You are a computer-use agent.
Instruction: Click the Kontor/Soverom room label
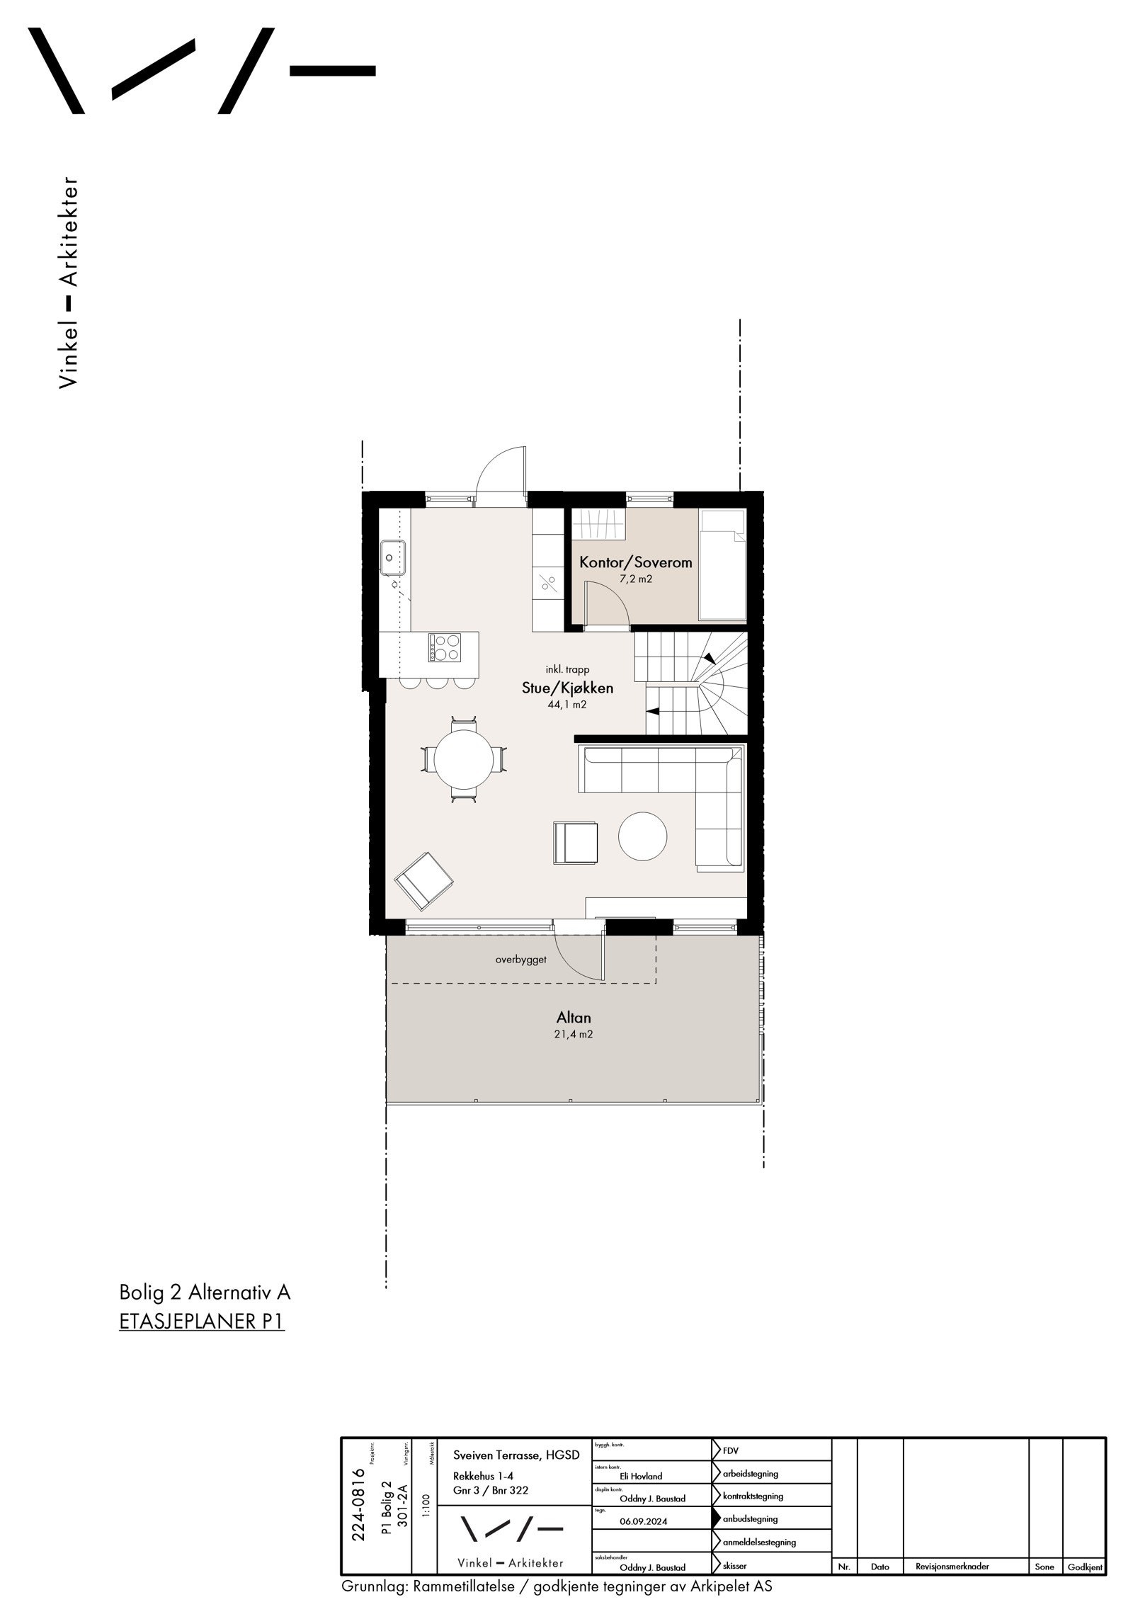click(635, 563)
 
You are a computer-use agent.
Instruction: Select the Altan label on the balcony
click(574, 1018)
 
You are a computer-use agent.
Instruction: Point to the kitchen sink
click(392, 557)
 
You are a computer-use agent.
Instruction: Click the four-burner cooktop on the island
click(444, 647)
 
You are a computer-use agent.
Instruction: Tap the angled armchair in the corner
click(423, 880)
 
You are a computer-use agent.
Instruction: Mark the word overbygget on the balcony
click(520, 961)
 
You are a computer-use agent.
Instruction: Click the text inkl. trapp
click(567, 669)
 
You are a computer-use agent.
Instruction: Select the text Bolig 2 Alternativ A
click(205, 1293)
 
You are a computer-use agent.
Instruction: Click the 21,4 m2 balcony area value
click(574, 1034)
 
